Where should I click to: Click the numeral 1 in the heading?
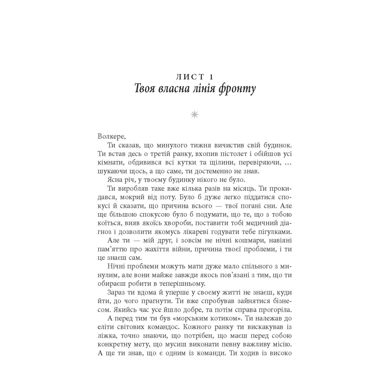[x=211, y=77]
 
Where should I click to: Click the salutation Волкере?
[x=110, y=136]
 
